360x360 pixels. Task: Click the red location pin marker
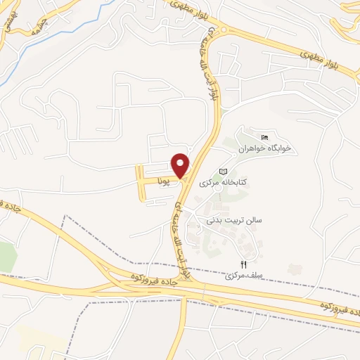pos(181,165)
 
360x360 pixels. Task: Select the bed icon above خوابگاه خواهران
pos(264,137)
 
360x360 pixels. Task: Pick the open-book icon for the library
pos(224,172)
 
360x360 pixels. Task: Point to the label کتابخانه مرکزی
pos(226,183)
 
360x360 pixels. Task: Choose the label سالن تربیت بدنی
pos(233,220)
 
